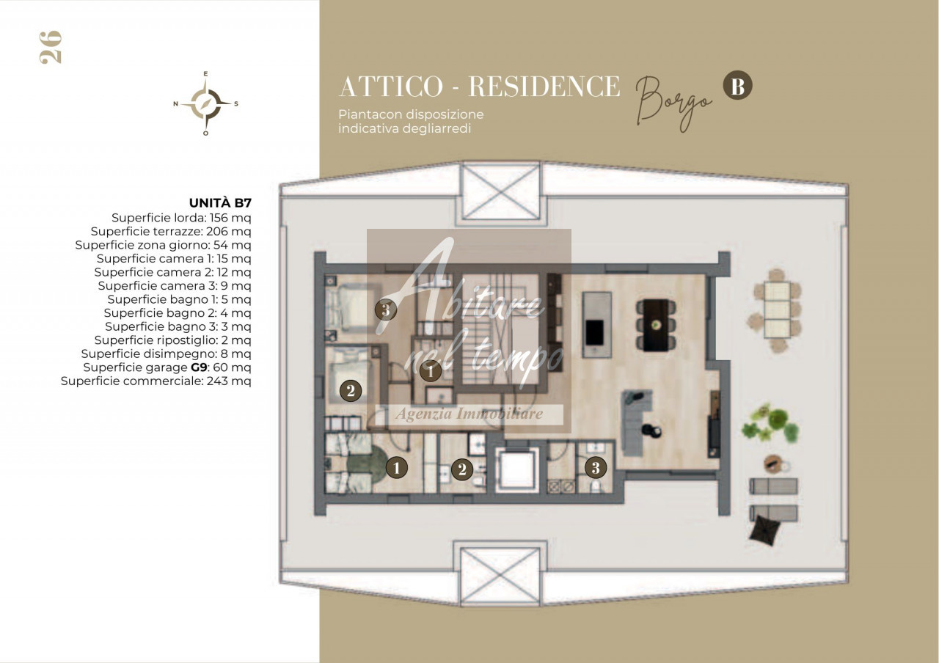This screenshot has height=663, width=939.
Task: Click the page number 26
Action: click(x=51, y=48)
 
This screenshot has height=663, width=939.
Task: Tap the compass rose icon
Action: click(x=205, y=103)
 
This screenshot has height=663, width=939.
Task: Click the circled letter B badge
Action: click(x=737, y=85)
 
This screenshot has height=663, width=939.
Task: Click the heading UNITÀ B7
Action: click(x=220, y=203)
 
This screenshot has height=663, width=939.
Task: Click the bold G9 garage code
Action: click(x=199, y=367)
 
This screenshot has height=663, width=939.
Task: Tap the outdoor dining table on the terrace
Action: click(x=777, y=310)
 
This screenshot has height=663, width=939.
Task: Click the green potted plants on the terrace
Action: click(x=770, y=423)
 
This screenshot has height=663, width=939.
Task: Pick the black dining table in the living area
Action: click(x=656, y=325)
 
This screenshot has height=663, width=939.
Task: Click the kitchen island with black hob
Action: click(x=596, y=325)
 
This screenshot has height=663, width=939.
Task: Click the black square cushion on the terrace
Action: click(x=764, y=530)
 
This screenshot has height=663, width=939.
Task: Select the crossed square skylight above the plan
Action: click(x=500, y=191)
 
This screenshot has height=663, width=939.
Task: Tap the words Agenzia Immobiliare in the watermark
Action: click(x=469, y=414)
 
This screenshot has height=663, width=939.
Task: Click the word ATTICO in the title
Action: click(x=391, y=87)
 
